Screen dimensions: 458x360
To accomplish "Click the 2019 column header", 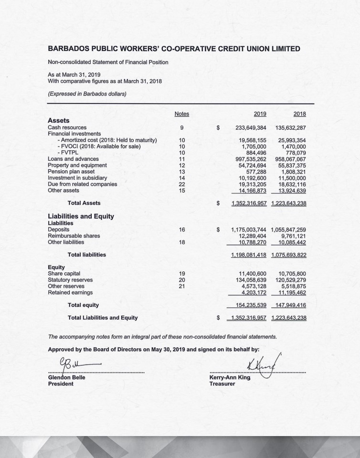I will tap(260, 114).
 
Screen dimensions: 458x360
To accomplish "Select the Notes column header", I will tap(182, 114).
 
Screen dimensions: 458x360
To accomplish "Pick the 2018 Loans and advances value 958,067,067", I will tap(291, 159).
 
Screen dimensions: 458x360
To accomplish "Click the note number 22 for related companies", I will tap(182, 184).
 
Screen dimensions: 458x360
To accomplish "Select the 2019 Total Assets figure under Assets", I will tap(249, 203).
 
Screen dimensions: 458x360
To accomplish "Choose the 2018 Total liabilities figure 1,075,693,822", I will tap(288, 255).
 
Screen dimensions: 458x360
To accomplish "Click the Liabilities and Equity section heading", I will tap(81, 216).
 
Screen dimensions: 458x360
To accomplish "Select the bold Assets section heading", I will tap(59, 121).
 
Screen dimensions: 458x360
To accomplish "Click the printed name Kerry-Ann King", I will tap(230, 377).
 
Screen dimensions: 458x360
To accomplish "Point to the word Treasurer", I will tap(222, 384).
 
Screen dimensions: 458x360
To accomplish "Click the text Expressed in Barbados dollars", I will tap(87, 94).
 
